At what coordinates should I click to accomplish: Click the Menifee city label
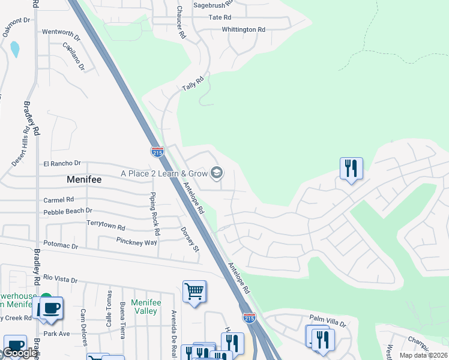pyautogui.click(x=83, y=179)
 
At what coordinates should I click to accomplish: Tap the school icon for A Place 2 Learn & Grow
pyautogui.click(x=217, y=174)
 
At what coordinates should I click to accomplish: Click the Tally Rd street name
pyautogui.click(x=193, y=83)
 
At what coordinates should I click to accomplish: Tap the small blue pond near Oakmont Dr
pyautogui.click(x=15, y=49)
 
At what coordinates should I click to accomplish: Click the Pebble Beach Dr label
pyautogui.click(x=67, y=211)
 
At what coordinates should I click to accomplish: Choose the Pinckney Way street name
pyautogui.click(x=136, y=242)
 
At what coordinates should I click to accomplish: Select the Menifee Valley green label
pyautogui.click(x=146, y=307)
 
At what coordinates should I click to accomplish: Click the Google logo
pyautogui.click(x=19, y=353)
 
